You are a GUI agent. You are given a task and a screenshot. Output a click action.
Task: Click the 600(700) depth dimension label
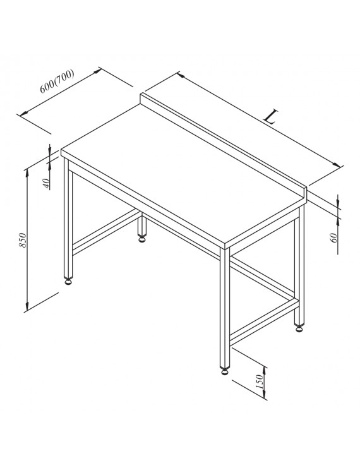(x=57, y=81)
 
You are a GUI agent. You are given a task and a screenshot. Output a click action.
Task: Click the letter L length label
(x=271, y=117)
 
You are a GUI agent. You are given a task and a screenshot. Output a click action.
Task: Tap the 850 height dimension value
(x=23, y=240)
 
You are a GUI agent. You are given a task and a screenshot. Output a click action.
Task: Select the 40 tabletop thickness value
(x=46, y=183)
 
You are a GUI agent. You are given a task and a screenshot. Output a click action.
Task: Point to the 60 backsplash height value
(x=334, y=237)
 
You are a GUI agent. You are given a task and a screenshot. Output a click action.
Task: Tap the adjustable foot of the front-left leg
(x=69, y=281)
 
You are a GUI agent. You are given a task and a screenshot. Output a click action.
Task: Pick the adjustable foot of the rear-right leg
(x=299, y=328)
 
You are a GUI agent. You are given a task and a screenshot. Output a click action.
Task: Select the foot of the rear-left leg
(x=142, y=238)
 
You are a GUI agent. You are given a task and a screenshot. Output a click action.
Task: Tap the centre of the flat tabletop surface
(x=179, y=173)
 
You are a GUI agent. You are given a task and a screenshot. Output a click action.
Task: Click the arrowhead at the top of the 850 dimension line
(x=27, y=172)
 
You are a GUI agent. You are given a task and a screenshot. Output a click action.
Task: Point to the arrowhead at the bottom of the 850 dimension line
(x=27, y=306)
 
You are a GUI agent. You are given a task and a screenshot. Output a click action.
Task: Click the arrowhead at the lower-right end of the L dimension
(x=337, y=164)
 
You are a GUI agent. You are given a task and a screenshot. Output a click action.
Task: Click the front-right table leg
(x=224, y=308)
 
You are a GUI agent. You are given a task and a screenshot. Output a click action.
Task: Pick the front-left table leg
(x=69, y=218)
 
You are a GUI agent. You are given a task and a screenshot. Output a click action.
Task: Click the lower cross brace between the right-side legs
(x=264, y=322)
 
